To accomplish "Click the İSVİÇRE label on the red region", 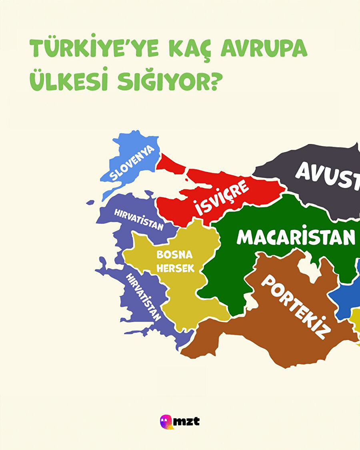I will click(222, 197).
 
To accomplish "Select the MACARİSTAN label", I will click(296, 237).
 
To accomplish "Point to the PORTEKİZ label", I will click(296, 306).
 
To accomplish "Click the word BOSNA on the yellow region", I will click(174, 255).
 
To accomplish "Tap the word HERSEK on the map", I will click(175, 268).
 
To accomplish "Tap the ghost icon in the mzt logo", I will click(166, 421).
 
